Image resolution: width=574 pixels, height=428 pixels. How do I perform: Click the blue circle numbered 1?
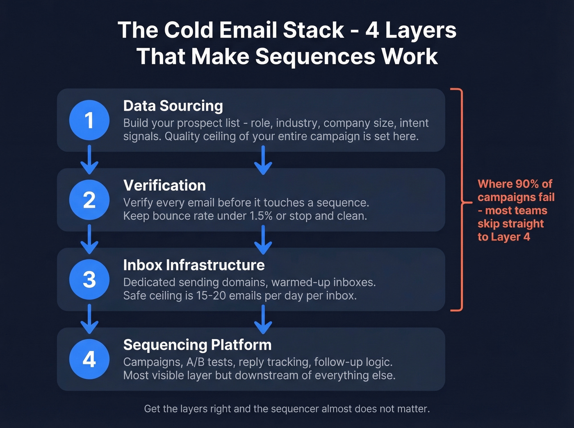coord(89,120)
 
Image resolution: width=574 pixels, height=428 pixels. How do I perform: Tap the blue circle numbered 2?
coord(89,200)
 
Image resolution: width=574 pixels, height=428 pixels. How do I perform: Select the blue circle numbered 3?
coord(89,279)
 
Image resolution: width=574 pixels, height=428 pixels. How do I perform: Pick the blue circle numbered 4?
coord(89,359)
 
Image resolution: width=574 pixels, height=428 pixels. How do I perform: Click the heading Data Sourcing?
coord(173,106)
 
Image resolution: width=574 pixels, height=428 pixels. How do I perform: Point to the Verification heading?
coord(164,186)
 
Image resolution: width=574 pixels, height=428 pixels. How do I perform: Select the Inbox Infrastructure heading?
coord(194,265)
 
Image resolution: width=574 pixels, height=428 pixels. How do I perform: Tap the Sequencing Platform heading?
coord(197,345)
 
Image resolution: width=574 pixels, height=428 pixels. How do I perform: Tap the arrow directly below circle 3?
coord(89,319)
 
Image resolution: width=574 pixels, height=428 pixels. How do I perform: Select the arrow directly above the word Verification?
coord(263,161)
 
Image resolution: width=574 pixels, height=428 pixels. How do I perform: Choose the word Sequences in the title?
coord(315,56)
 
